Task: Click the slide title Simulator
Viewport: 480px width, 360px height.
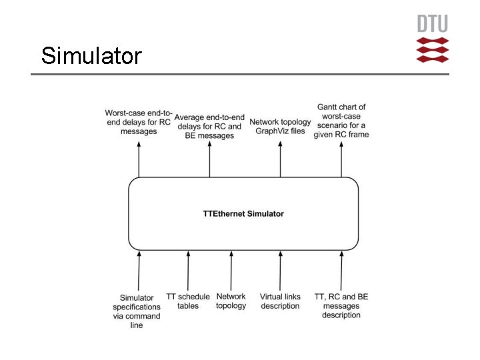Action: coord(91,55)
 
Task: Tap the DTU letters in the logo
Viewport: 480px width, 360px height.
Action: coord(433,24)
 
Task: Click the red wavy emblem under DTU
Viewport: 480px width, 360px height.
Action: coord(433,50)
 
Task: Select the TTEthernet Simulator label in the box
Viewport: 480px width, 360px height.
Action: coord(243,214)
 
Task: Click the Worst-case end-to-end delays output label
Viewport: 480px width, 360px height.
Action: coord(139,123)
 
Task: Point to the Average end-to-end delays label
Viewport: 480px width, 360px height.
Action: coord(209,127)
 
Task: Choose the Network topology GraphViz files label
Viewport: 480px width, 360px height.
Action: coord(280,127)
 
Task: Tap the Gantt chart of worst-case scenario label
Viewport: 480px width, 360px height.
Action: coord(341,121)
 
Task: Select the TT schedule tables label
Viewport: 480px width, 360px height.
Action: coord(188,301)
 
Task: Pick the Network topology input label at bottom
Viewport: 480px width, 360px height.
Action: coord(231,301)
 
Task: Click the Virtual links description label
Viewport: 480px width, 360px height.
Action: coord(280,301)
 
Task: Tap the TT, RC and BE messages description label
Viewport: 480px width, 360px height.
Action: coord(341,306)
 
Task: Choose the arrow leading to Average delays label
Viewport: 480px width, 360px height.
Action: coord(209,160)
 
